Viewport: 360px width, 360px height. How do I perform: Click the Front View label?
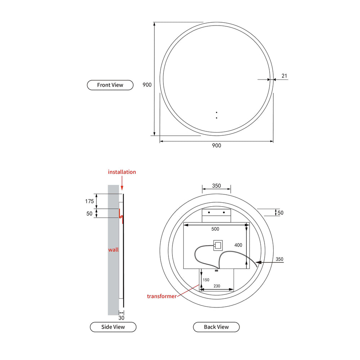(110, 85)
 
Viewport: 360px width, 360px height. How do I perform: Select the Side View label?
(113, 327)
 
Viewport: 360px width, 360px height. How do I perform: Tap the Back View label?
(216, 327)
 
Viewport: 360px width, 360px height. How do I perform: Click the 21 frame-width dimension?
(284, 76)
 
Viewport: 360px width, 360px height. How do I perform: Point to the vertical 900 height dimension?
(147, 85)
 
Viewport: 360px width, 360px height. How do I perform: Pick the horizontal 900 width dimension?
(216, 145)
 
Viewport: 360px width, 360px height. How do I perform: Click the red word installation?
(122, 172)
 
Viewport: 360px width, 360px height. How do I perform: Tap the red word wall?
(113, 249)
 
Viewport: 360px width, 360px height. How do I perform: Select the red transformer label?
(162, 296)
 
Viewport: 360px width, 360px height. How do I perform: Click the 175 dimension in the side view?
(90, 201)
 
